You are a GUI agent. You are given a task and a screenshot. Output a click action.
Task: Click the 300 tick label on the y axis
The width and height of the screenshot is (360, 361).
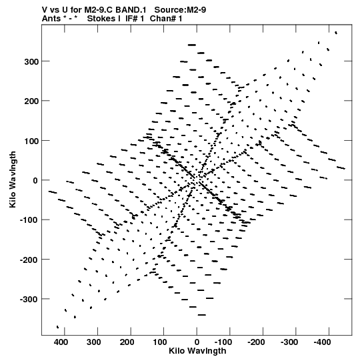[x=31, y=61]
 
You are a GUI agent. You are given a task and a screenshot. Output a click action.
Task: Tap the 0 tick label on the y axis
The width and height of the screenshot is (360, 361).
[x=35, y=180]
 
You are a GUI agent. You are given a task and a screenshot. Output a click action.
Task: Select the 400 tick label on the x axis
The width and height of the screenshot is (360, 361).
[x=61, y=342]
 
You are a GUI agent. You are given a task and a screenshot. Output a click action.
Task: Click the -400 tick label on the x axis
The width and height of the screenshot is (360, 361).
[x=322, y=342]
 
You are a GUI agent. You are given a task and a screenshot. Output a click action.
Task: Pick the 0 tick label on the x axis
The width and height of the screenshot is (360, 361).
[x=197, y=342]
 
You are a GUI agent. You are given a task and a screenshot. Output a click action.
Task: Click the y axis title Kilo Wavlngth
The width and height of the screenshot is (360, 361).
[x=13, y=179]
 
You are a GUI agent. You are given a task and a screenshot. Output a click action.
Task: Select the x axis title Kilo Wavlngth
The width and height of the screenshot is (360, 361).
[x=197, y=351]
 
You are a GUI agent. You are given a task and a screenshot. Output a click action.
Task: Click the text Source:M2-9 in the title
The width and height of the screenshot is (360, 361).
[x=180, y=10]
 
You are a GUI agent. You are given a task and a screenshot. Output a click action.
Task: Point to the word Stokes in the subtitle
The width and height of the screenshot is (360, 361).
[x=103, y=19]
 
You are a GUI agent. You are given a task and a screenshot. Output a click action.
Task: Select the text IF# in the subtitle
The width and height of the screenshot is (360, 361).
[x=132, y=19]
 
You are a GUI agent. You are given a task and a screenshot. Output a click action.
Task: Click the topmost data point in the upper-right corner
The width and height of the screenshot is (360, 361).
[x=336, y=33]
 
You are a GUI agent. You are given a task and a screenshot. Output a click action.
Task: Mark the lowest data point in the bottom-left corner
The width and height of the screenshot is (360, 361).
[x=57, y=327]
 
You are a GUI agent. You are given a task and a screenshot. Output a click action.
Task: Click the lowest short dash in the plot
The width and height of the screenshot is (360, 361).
[x=202, y=315]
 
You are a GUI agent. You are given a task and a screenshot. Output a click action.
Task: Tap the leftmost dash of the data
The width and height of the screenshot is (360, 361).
[x=53, y=192]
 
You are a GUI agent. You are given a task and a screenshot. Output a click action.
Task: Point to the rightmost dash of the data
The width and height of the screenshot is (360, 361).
[x=341, y=168]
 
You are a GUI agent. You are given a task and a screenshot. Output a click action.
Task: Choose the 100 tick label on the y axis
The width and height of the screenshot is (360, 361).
[x=31, y=140]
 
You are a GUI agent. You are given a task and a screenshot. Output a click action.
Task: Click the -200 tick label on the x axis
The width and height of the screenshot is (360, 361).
[x=256, y=342]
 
